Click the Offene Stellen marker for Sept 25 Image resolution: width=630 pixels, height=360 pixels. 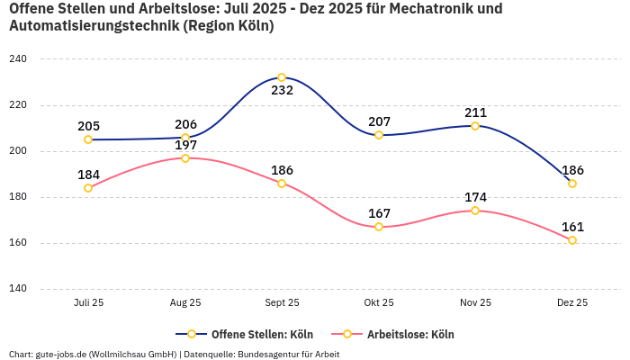[x=282, y=77]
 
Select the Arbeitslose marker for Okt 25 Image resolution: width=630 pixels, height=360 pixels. [x=379, y=227]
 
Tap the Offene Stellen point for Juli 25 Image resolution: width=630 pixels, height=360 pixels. [x=88, y=139]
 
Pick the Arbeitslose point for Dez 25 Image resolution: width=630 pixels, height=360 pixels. [x=572, y=240]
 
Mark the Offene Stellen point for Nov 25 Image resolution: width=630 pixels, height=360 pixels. [x=475, y=126]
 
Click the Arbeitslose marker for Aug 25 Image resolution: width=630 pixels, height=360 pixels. [x=185, y=158]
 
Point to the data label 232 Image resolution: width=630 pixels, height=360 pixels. [x=282, y=90]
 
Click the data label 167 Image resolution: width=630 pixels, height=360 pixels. [x=379, y=213]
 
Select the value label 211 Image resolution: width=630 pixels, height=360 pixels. [x=475, y=112]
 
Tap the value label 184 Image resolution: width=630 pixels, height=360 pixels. [x=88, y=175]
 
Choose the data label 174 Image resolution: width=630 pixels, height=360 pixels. [x=475, y=197]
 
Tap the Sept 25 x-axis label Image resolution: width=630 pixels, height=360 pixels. [x=282, y=303]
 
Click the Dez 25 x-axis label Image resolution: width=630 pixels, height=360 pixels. [x=572, y=303]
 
